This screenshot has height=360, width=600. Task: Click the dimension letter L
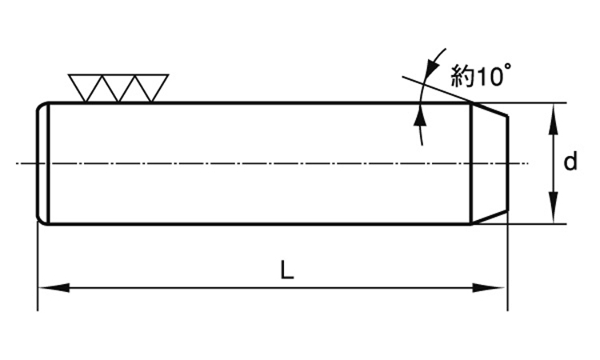(287, 270)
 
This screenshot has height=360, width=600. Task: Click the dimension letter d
(570, 162)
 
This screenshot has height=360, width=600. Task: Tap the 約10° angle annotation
(481, 75)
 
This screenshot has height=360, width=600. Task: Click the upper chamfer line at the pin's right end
(490, 110)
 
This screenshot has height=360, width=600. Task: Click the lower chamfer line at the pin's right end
(490, 217)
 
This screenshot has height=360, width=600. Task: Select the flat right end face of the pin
(507, 163)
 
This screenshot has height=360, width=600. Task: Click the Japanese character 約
(462, 76)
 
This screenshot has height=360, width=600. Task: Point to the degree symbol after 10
(506, 67)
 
